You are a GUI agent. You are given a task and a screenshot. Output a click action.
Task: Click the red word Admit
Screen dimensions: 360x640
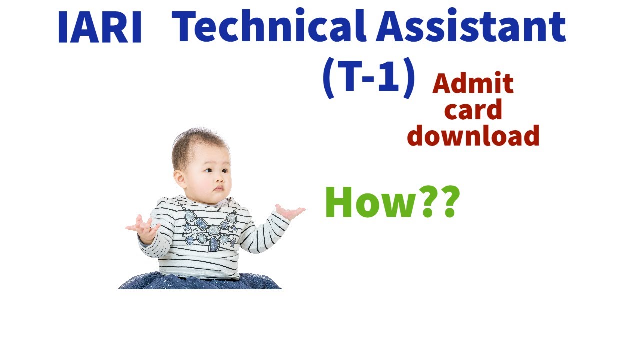(x=473, y=83)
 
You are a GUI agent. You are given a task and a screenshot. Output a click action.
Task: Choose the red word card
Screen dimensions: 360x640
(x=473, y=110)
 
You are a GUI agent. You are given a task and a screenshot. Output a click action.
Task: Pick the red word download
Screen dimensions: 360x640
(x=473, y=136)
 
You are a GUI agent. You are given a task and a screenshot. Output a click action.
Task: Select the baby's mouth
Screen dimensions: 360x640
(x=218, y=189)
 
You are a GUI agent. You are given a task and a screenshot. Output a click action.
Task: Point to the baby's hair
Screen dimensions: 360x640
(x=195, y=145)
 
